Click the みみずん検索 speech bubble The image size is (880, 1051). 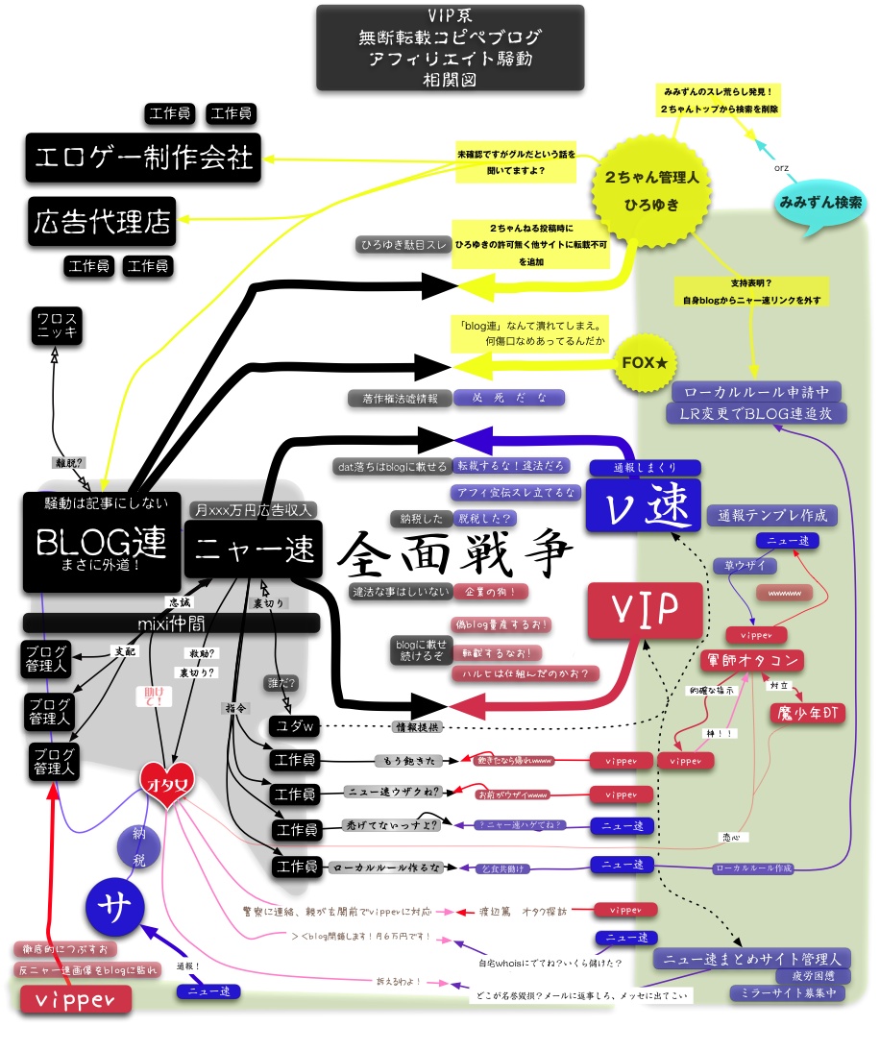click(x=819, y=205)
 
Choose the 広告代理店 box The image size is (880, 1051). click(x=101, y=223)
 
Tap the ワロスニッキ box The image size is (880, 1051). click(x=56, y=327)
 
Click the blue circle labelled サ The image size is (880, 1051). click(x=113, y=908)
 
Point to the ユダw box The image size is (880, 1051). click(x=294, y=726)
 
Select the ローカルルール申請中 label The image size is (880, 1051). click(x=757, y=392)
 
